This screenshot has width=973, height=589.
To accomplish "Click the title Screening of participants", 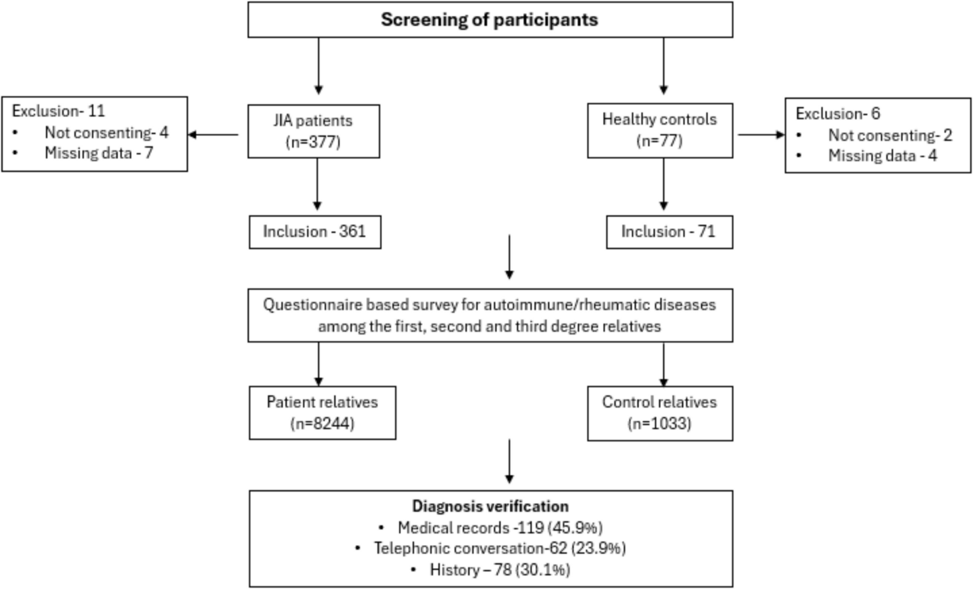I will pos(489,20).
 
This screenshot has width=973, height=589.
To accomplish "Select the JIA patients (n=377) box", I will pos(313,131).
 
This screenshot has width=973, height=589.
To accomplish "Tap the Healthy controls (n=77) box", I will pos(659,130).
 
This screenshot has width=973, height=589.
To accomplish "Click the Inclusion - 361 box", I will pos(314,232).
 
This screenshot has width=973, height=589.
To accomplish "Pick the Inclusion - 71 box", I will pos(668,232).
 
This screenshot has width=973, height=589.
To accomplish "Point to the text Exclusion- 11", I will pos(58,111).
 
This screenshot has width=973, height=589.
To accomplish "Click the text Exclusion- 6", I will pos(837,113).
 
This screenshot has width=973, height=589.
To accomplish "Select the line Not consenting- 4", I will pos(106,133).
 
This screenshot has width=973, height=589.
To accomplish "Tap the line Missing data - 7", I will pos(99,153).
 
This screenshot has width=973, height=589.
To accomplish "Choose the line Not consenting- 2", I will pos(890,136).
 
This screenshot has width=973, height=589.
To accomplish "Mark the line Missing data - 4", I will pos(882,156).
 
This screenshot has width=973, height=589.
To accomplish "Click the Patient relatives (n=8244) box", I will pos(322,412).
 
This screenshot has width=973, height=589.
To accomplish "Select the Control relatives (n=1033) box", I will pos(659,413).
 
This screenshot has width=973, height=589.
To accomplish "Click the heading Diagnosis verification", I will pos(490,506).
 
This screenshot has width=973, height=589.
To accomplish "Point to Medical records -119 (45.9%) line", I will pos(500,528).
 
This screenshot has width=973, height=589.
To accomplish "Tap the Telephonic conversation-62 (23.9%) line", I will pos(499,548).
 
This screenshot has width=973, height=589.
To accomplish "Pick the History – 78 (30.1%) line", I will pos(499,570).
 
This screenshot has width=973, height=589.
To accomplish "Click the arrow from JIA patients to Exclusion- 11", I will pos(213,135).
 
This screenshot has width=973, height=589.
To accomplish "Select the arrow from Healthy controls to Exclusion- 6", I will pos(761,135).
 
